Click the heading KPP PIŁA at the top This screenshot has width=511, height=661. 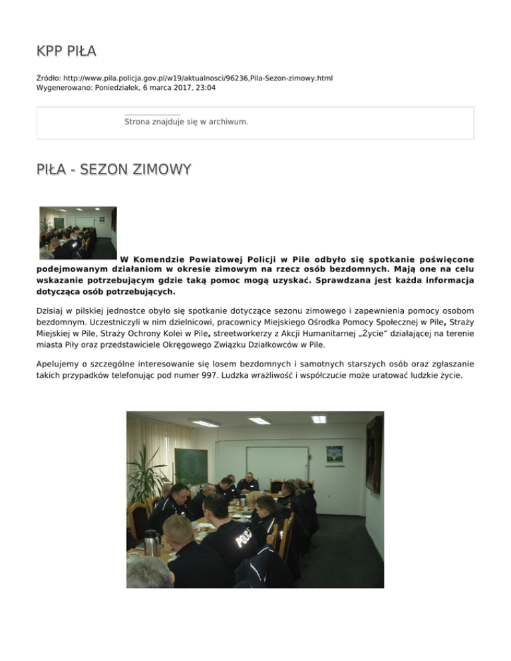click(x=67, y=51)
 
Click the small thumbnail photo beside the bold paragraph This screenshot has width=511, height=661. click(x=78, y=233)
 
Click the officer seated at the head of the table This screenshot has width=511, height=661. click(x=248, y=483)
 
